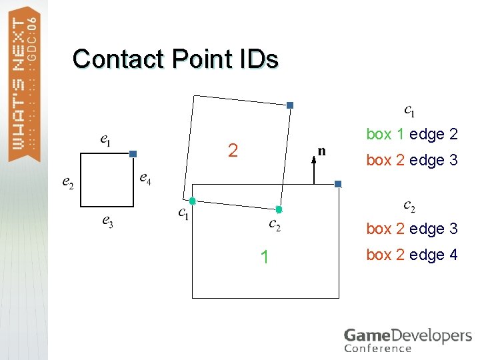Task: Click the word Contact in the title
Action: pos(119,59)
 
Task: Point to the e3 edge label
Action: pos(107,221)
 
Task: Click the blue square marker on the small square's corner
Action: pos(133,154)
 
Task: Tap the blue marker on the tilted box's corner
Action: pos(290,105)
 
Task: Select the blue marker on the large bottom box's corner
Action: pos(338,184)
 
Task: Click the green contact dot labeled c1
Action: pos(192,201)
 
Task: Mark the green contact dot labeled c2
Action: pos(279,209)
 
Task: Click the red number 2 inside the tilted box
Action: pos(233,151)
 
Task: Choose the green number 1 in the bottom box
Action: pos(265,257)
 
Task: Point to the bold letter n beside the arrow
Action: pos(322,151)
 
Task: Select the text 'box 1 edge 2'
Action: pos(412,134)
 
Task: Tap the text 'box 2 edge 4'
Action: pos(412,255)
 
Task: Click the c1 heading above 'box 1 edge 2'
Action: pos(410,109)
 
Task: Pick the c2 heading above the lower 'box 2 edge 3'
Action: pos(409,206)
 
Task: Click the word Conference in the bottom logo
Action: pos(378,348)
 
